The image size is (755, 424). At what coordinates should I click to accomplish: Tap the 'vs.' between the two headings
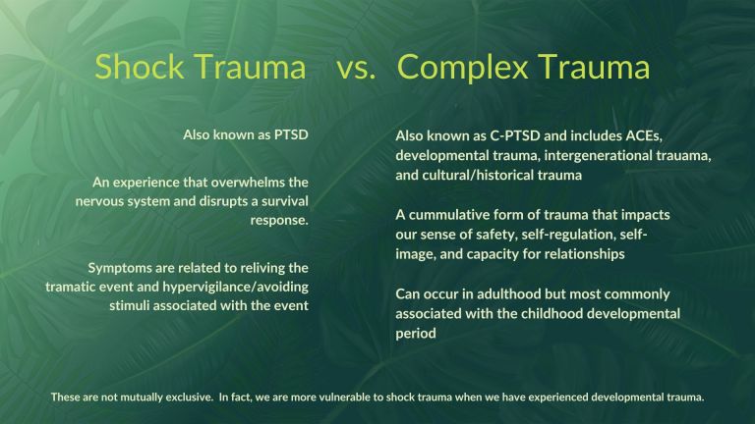tap(357, 67)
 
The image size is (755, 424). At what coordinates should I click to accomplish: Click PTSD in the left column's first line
tap(289, 133)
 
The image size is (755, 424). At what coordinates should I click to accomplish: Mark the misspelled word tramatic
tap(72, 287)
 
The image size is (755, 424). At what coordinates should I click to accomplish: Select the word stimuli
tap(130, 305)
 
